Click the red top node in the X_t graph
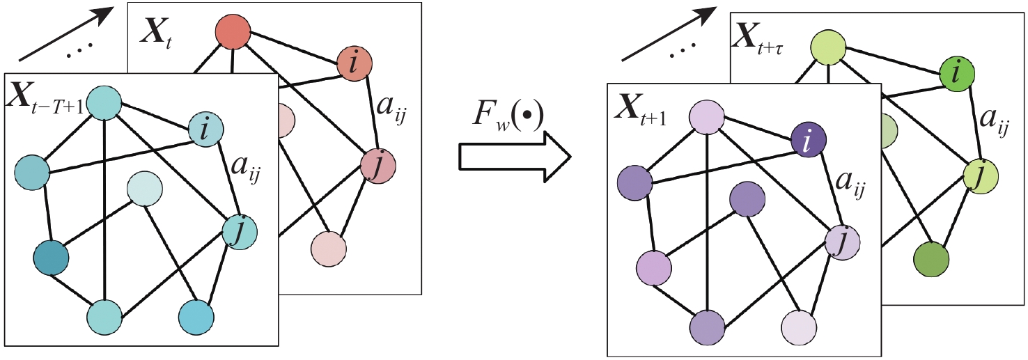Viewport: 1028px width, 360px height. pyautogui.click(x=232, y=32)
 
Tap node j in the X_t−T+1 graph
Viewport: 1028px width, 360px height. pyautogui.click(x=240, y=230)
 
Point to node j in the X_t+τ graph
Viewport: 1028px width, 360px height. pyautogui.click(x=981, y=175)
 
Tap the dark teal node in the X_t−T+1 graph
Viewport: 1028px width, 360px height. pyautogui.click(x=51, y=258)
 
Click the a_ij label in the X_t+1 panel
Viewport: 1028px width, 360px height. pyautogui.click(x=850, y=187)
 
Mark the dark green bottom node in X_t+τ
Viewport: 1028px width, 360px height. pyautogui.click(x=932, y=258)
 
